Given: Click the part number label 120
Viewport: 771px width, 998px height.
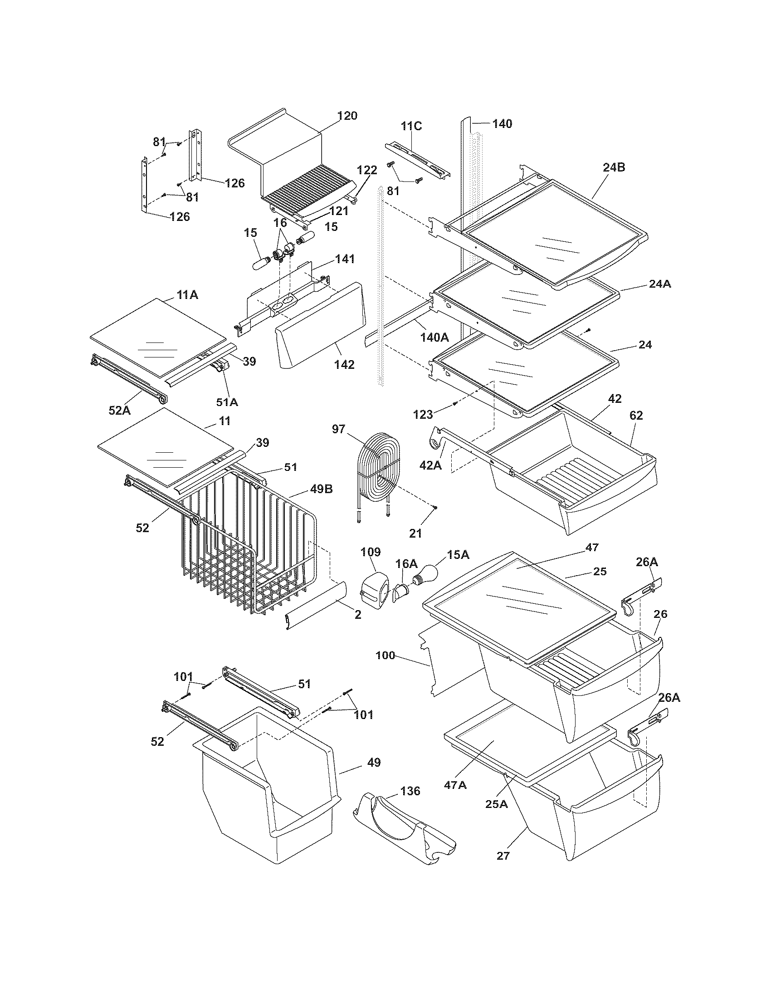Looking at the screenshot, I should pyautogui.click(x=347, y=116).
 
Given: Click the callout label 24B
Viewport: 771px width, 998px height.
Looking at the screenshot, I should pyautogui.click(x=614, y=167).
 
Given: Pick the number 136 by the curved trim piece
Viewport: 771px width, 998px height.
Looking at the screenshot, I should pyautogui.click(x=410, y=791).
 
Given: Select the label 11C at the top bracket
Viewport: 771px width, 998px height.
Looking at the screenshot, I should pyautogui.click(x=411, y=126).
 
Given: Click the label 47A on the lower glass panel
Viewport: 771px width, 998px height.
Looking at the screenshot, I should pyautogui.click(x=455, y=785).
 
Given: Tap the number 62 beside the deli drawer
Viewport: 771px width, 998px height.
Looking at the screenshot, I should pyautogui.click(x=636, y=416).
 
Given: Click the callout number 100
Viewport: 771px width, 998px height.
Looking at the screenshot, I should pyautogui.click(x=385, y=656).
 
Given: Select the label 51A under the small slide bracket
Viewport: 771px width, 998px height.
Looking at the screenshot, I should pyautogui.click(x=227, y=402).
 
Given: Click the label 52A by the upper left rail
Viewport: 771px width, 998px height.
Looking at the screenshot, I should pyautogui.click(x=120, y=411).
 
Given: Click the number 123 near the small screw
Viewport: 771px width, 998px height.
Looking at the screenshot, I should pyautogui.click(x=423, y=415).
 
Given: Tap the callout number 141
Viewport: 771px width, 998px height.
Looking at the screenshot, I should pyautogui.click(x=345, y=259).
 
